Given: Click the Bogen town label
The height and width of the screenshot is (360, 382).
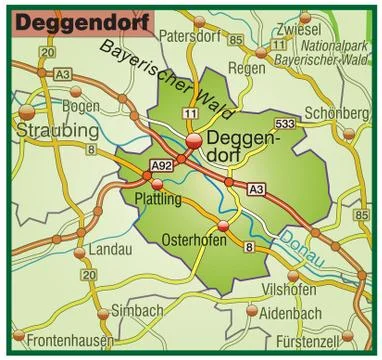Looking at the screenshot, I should [80, 105].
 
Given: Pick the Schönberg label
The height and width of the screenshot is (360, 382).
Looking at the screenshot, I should [336, 112].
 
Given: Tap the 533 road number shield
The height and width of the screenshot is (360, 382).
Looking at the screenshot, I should [284, 123].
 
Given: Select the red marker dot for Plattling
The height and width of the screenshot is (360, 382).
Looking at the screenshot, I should [158, 184].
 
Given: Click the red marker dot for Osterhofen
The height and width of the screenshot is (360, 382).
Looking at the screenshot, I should [223, 227].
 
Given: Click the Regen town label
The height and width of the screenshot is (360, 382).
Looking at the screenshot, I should [247, 68].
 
